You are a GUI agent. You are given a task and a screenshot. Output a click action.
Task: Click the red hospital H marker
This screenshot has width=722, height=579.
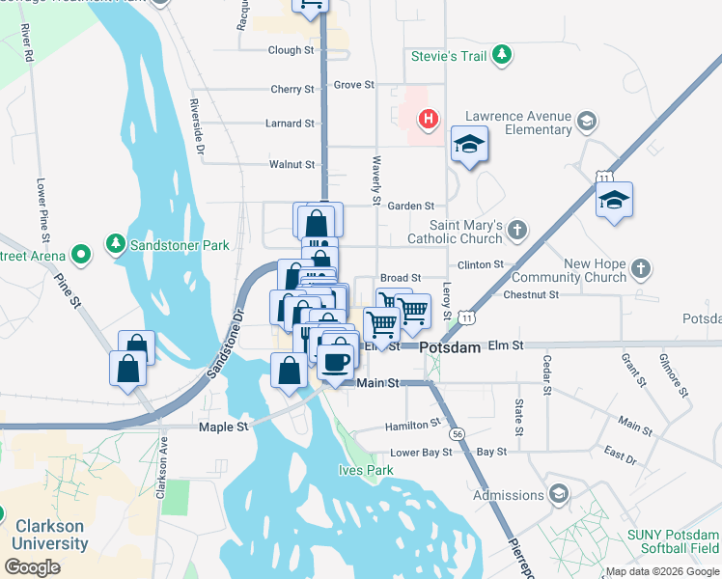click(x=428, y=120)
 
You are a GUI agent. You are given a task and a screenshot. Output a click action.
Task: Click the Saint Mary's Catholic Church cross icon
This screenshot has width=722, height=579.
click(x=517, y=230)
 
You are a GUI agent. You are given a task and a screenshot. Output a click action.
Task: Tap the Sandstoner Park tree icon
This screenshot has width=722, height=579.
click(x=116, y=244)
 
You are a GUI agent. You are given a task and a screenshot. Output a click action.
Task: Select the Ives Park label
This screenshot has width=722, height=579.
click(x=366, y=470)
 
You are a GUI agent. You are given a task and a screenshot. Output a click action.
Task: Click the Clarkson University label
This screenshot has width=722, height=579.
click(x=49, y=535)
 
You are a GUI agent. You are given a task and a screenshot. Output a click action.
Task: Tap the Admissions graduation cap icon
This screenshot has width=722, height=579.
click(x=558, y=495)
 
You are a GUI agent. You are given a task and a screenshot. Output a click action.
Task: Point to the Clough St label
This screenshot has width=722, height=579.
click(x=292, y=50)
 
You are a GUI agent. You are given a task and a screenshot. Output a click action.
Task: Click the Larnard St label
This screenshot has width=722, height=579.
click(x=292, y=124)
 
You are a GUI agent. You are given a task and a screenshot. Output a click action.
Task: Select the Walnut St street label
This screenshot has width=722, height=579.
click(x=292, y=165)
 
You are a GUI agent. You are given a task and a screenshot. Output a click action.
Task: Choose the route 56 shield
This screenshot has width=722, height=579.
click(x=457, y=434)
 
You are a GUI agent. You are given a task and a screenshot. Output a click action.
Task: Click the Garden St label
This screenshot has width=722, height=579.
click(x=410, y=206)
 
